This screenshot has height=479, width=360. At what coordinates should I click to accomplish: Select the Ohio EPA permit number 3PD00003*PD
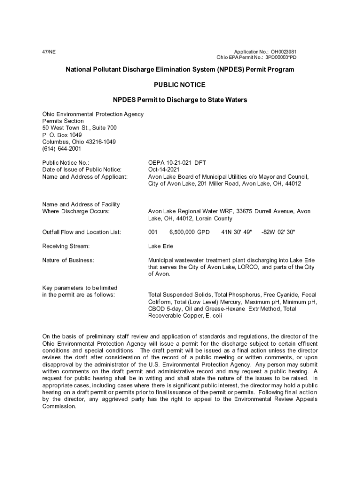281,58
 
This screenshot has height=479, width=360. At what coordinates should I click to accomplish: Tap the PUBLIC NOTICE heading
180,85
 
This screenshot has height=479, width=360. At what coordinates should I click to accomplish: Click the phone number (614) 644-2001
62,149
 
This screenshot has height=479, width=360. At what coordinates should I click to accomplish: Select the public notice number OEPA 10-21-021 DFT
177,163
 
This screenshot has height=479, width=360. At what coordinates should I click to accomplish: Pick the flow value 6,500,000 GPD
189,232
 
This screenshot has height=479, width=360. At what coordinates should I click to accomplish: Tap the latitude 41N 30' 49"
236,232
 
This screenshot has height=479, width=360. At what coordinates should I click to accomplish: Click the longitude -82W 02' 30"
278,232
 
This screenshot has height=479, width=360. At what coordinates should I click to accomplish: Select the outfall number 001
153,232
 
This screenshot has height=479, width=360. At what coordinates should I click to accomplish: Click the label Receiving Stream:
66,246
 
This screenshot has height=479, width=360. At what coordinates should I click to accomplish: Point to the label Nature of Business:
68,260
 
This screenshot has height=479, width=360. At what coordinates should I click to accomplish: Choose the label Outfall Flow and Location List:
82,232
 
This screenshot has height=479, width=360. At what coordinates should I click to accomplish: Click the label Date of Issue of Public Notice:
82,169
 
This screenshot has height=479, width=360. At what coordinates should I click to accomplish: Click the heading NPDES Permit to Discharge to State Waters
180,100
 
